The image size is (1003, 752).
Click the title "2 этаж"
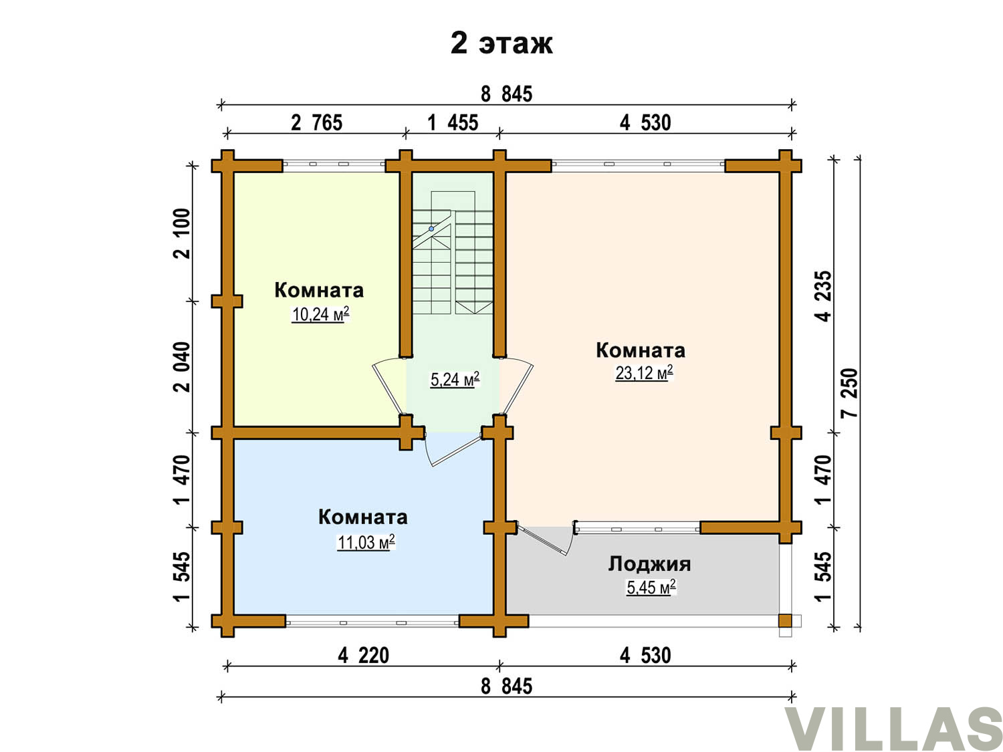pyautogui.click(x=501, y=44)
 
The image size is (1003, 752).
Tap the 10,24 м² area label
pyautogui.click(x=320, y=314)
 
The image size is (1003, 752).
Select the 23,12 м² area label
pyautogui.click(x=644, y=372)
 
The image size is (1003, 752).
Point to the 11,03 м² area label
pyautogui.click(x=366, y=542)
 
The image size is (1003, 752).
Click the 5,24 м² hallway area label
pyautogui.click(x=455, y=379)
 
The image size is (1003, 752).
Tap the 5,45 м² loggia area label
pyautogui.click(x=651, y=588)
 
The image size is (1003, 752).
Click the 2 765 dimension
pyautogui.click(x=317, y=123)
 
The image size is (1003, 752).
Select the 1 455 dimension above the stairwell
pyautogui.click(x=453, y=123)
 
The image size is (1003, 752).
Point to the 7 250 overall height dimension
pyautogui.click(x=851, y=393)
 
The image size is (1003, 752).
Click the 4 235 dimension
pyautogui.click(x=824, y=297)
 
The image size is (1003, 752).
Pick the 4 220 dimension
pyautogui.click(x=363, y=656)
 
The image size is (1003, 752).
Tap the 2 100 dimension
pyautogui.click(x=182, y=234)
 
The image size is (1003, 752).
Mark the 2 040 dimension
pyautogui.click(x=182, y=367)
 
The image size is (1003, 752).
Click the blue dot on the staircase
pyautogui.click(x=431, y=229)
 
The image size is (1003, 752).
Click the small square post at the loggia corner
pyautogui.click(x=785, y=620)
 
